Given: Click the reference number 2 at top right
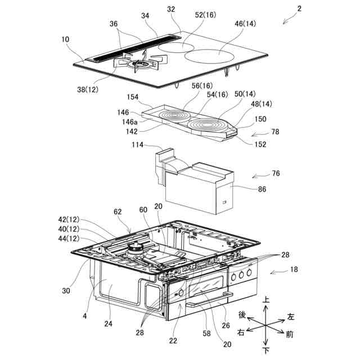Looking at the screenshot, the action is pos(300,9).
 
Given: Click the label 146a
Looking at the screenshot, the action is pos(130,121).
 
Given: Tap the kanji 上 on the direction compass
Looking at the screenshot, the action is pos(267,302).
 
